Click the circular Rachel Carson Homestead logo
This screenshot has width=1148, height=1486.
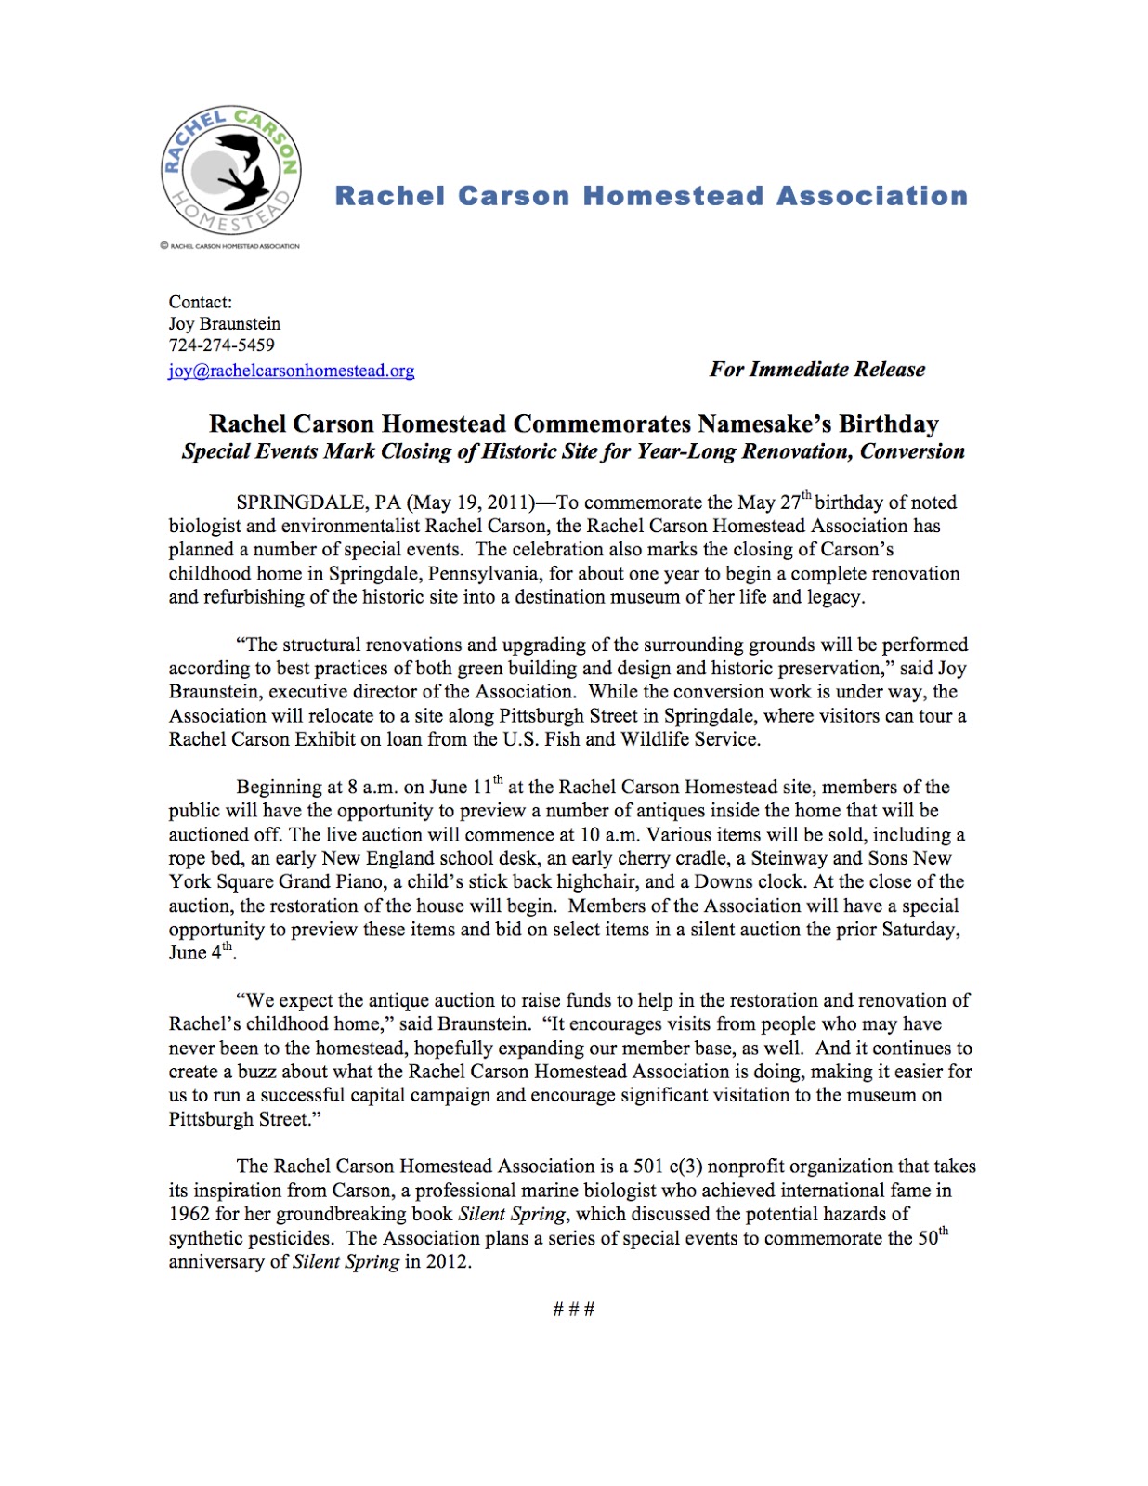tap(230, 170)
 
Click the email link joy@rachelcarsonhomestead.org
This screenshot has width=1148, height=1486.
tap(291, 371)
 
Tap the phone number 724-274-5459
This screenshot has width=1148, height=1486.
tap(221, 345)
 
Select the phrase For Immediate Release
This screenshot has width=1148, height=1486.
tap(817, 370)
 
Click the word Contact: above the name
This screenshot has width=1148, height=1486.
tap(200, 302)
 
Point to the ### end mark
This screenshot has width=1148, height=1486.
tap(573, 1310)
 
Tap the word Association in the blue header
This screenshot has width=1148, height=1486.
tap(872, 196)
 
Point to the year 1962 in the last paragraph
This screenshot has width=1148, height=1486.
tap(189, 1214)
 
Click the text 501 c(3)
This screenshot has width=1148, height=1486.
tap(667, 1167)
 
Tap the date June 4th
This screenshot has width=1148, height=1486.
tap(200, 953)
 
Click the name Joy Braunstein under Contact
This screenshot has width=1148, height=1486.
tap(224, 324)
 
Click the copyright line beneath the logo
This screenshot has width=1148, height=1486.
tap(230, 246)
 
